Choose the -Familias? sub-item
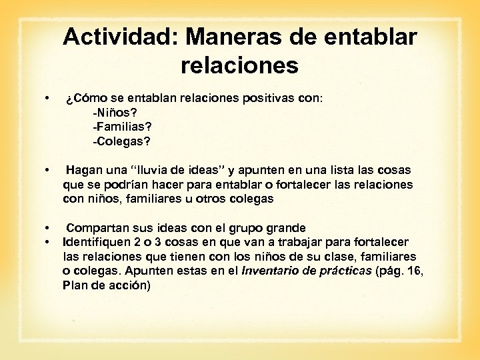[124, 126]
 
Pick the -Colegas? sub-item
[122, 141]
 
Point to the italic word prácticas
[344, 271]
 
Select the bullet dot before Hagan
[46, 171]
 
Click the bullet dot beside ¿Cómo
[46, 98]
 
